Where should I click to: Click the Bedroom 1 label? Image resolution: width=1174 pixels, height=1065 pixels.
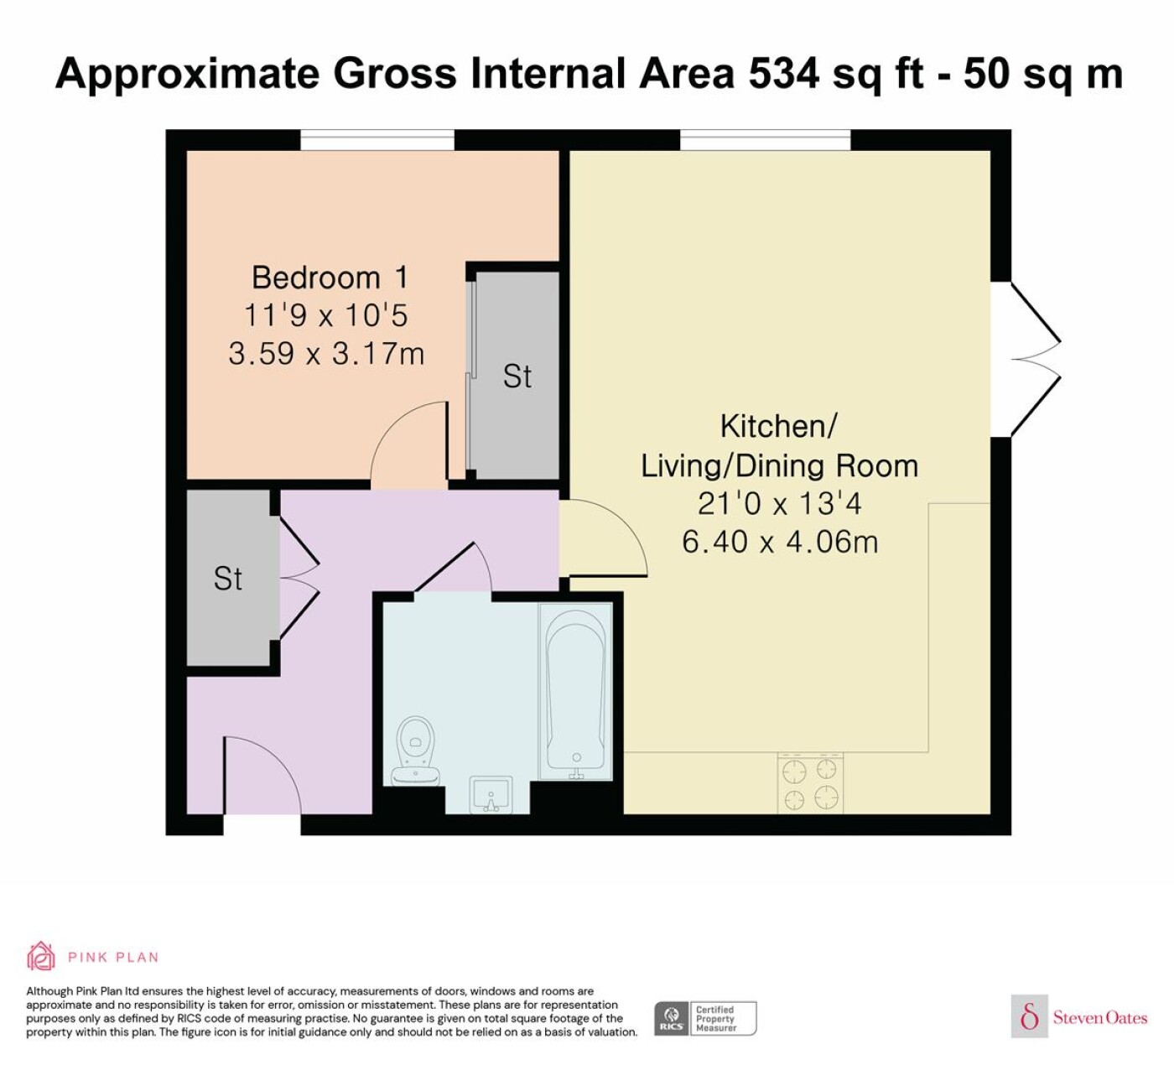[x=330, y=278]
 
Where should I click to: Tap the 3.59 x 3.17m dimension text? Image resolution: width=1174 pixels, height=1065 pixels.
[x=326, y=354]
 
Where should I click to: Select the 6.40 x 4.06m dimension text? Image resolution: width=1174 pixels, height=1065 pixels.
[x=780, y=542]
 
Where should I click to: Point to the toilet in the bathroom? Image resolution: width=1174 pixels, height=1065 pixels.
[x=416, y=751]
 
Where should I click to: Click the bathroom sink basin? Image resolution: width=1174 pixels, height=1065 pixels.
[x=491, y=794]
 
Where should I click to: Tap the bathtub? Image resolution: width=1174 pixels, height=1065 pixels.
[x=575, y=694]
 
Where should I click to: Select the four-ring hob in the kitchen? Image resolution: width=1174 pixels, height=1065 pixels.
[x=811, y=783]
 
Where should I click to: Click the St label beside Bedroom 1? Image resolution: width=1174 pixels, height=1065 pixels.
[x=517, y=377]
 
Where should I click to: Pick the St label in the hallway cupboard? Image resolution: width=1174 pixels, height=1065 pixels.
[x=227, y=579]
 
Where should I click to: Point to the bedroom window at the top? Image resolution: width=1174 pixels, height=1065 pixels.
[x=377, y=141]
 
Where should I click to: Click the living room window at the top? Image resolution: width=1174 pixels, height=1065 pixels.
[x=765, y=141]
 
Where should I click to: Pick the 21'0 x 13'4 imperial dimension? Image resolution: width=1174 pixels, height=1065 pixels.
[x=780, y=503]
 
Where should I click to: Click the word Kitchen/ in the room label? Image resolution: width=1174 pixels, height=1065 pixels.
[x=779, y=426]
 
